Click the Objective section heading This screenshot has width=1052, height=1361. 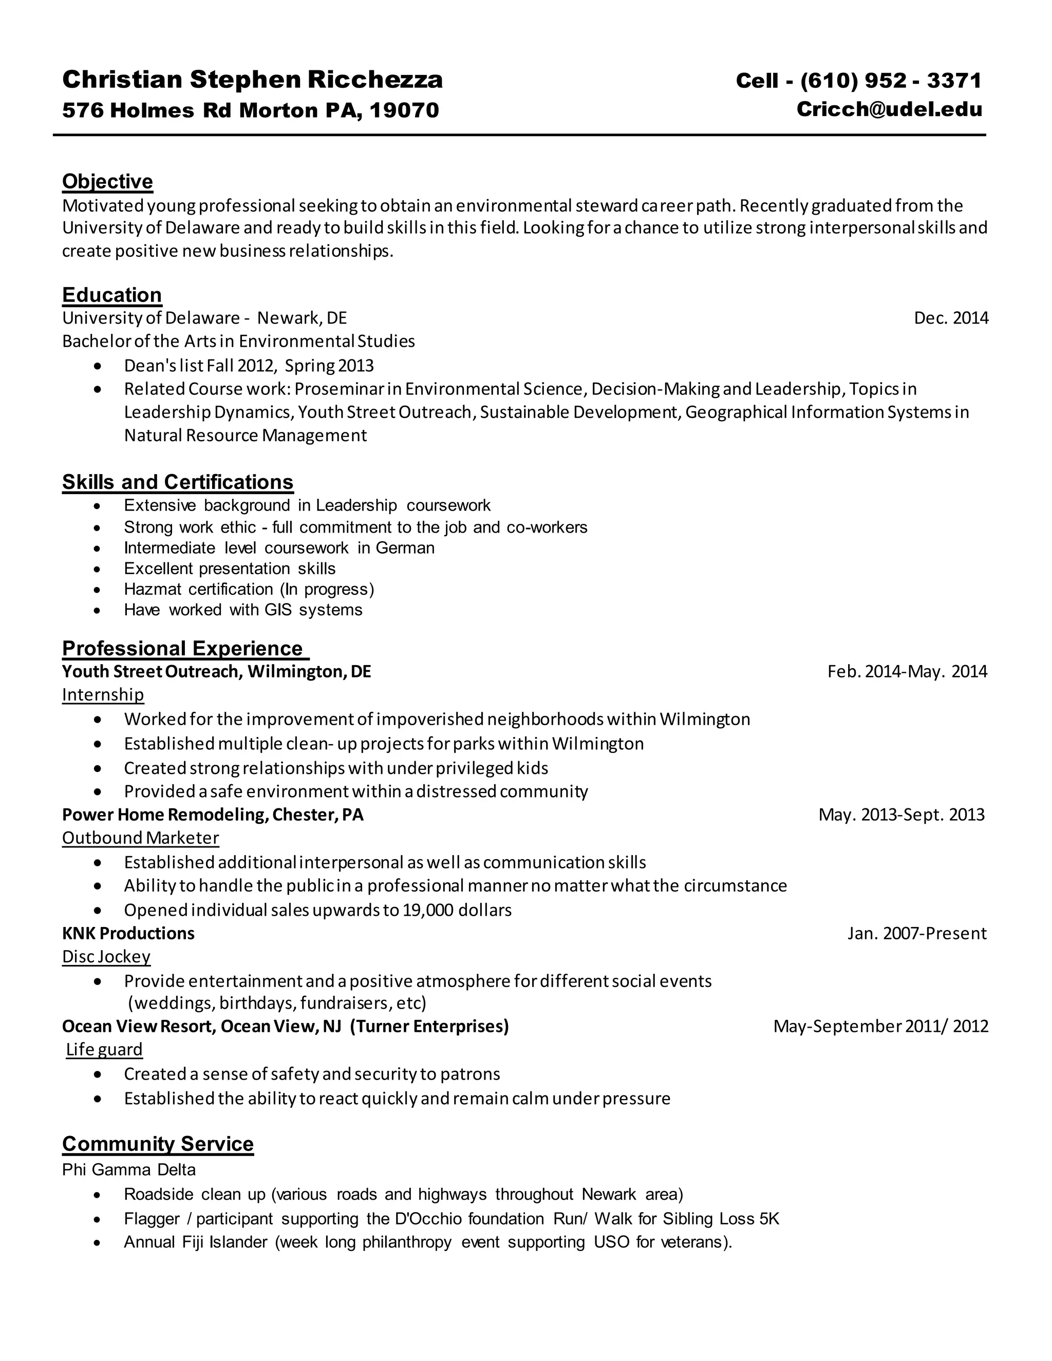click(x=107, y=181)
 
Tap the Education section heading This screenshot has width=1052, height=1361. click(x=111, y=295)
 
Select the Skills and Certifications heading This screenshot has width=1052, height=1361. click(x=177, y=482)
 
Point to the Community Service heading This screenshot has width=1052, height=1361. click(x=158, y=1144)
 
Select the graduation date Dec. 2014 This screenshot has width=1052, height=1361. click(x=950, y=318)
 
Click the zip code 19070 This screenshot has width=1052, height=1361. click(x=404, y=110)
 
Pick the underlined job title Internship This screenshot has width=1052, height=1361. click(x=103, y=694)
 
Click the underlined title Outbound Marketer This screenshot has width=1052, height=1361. click(x=140, y=838)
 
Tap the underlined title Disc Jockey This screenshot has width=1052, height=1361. click(x=106, y=957)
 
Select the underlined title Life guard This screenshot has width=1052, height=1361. click(x=104, y=1049)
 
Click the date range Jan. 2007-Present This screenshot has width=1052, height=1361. click(x=916, y=934)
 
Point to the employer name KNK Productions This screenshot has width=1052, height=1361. click(x=128, y=934)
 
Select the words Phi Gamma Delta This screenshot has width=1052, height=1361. click(x=128, y=1169)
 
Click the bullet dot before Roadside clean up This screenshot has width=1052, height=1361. click(x=97, y=1195)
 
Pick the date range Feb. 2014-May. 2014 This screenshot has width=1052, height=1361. click(x=907, y=671)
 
